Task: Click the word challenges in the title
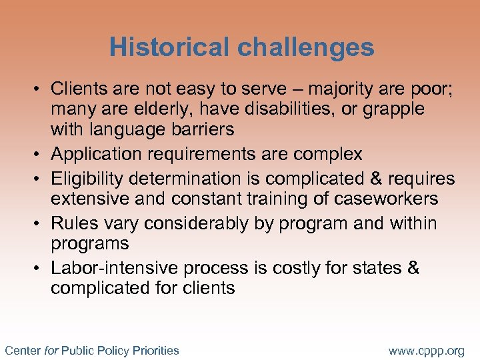(304, 47)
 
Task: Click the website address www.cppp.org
(426, 350)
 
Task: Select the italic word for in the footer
(51, 350)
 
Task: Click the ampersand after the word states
(413, 268)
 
